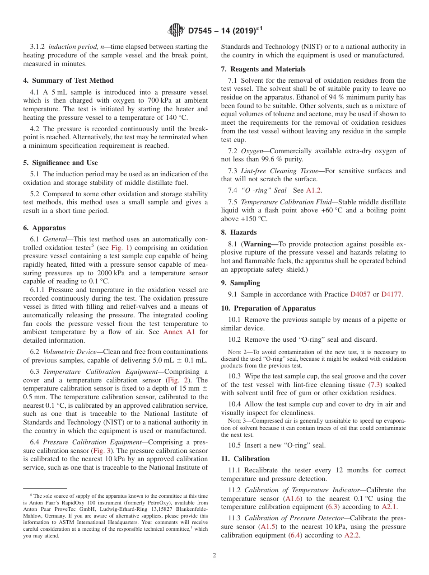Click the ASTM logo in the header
(176, 30)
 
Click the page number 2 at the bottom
(214, 556)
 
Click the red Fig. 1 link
(120, 248)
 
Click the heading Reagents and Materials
(263, 69)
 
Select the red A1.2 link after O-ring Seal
(314, 190)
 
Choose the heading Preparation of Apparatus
(268, 308)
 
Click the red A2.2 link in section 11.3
(352, 535)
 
